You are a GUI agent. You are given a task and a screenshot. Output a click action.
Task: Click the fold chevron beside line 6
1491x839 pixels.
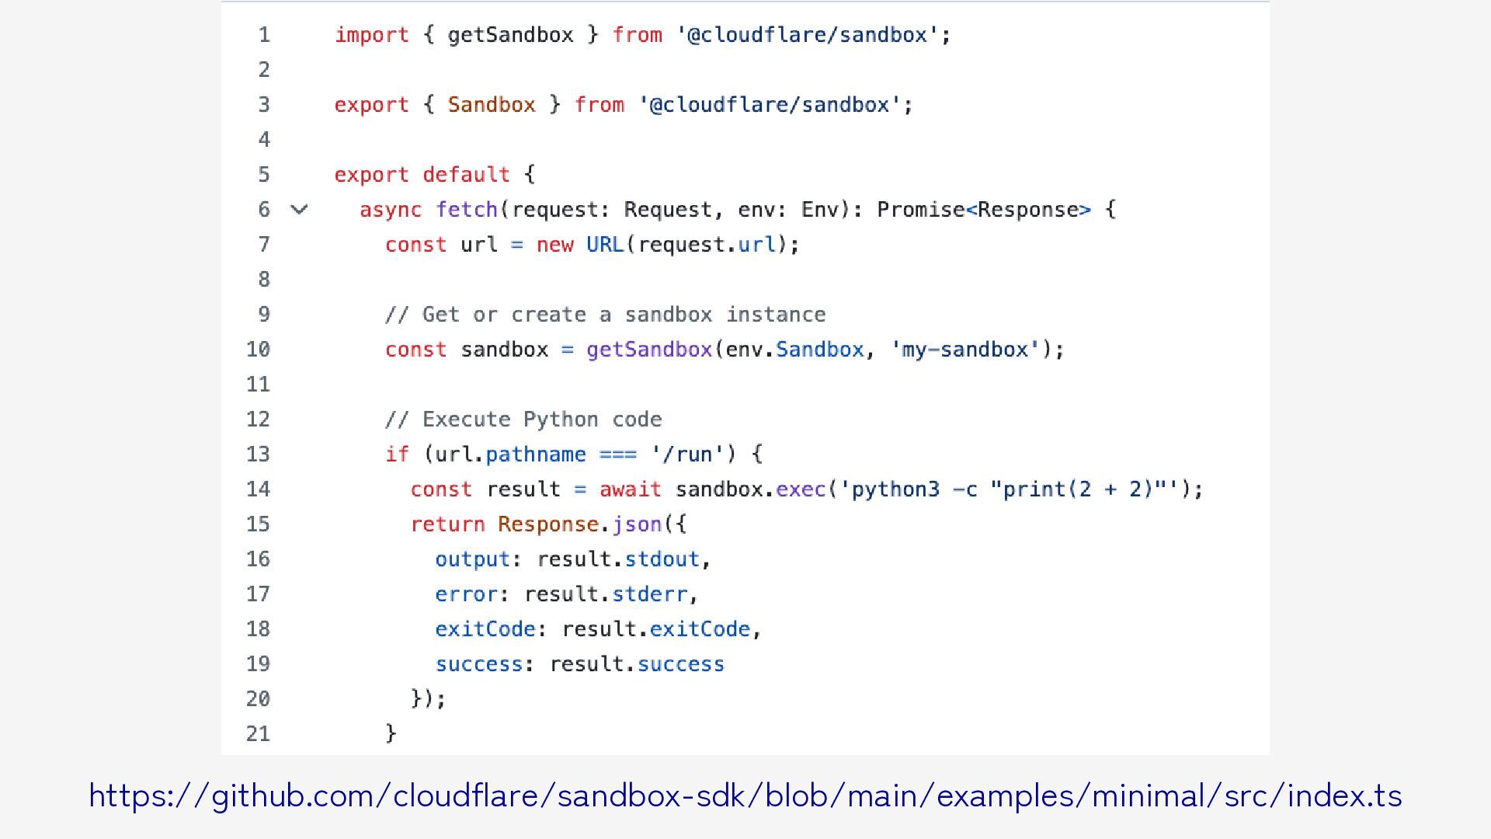pos(299,210)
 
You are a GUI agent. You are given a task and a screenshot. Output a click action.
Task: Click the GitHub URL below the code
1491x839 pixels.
pos(745,796)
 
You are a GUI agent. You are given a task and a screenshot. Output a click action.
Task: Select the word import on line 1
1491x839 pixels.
pos(371,35)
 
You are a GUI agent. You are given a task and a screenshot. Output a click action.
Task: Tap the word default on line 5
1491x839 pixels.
pos(466,175)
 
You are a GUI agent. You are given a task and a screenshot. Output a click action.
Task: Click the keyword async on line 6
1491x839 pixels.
pos(391,210)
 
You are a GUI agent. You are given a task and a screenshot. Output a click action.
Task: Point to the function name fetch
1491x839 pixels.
pos(467,210)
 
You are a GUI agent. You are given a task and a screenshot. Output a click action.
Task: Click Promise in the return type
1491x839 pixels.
pos(920,210)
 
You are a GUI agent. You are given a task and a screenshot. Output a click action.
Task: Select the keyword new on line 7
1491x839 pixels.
pos(554,245)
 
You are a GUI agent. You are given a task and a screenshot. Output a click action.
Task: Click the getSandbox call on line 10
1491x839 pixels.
pos(649,350)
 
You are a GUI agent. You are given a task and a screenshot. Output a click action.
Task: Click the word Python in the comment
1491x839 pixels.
pos(561,419)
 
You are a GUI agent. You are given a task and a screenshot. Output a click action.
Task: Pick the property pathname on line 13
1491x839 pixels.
pos(536,454)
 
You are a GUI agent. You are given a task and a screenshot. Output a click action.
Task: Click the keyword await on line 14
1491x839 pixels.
pos(630,489)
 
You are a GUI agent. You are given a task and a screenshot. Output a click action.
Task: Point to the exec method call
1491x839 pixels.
pos(801,489)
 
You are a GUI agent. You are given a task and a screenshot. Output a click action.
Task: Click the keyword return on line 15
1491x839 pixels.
pos(447,524)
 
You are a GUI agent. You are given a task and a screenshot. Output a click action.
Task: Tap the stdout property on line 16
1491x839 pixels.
pos(662,559)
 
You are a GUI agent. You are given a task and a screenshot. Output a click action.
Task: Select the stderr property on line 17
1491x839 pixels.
pos(649,594)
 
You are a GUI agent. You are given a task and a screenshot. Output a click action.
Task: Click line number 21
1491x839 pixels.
pos(259,734)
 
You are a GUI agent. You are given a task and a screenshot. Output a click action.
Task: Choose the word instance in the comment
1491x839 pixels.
pos(776,315)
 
